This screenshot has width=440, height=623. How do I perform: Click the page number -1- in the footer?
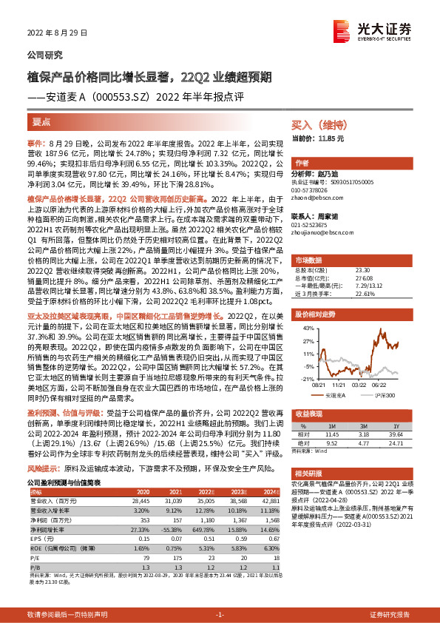(x=220, y=614)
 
